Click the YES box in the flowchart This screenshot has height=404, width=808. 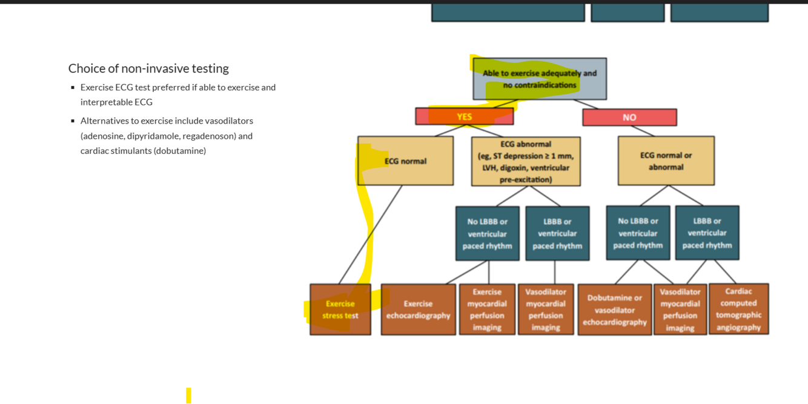point(464,116)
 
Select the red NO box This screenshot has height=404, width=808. point(629,117)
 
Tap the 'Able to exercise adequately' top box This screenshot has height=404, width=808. point(539,79)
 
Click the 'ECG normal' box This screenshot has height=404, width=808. point(405,161)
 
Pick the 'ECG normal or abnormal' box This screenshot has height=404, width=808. point(666,161)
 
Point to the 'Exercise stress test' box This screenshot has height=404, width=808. point(340,310)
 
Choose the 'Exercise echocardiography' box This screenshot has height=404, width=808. point(418,310)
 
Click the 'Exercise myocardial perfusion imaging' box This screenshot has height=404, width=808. point(487,310)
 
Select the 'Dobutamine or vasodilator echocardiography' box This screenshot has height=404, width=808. point(614,310)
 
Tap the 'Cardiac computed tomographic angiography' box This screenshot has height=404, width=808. point(738,309)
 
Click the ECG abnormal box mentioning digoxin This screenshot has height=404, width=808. point(525,161)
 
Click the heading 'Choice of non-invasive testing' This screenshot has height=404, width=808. point(148,68)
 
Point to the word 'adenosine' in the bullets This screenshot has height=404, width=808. point(103,136)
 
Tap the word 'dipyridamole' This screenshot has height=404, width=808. point(153,136)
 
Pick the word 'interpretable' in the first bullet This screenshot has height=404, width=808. point(105,102)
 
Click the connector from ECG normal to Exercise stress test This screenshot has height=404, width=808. point(371,234)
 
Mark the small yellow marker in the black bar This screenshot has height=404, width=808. point(188,396)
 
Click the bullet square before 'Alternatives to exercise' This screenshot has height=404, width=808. point(73,121)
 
